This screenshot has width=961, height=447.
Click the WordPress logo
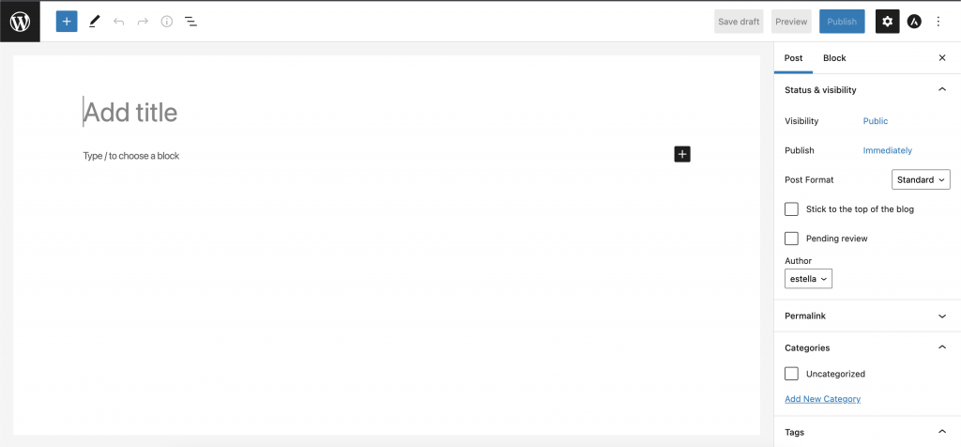click(21, 22)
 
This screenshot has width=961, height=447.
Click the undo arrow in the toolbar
click(119, 22)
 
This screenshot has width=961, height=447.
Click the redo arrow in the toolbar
click(143, 22)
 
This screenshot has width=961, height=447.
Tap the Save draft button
click(739, 22)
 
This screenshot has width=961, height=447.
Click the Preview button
click(791, 22)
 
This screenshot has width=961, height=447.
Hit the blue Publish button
click(842, 22)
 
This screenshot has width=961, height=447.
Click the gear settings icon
click(888, 22)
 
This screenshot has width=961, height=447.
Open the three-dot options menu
click(938, 22)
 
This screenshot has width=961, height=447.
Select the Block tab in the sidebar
click(834, 58)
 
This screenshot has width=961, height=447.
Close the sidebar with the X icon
click(942, 58)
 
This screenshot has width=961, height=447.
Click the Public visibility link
click(876, 121)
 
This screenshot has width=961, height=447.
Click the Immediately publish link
click(888, 151)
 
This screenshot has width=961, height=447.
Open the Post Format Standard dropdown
click(921, 180)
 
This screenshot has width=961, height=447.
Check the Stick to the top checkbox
click(791, 209)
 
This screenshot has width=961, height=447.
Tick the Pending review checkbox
click(791, 239)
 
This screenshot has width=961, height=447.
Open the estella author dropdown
click(808, 278)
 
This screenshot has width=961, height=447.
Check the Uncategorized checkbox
click(791, 374)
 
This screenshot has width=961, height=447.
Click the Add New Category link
click(822, 399)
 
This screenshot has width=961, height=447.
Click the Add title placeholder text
click(130, 113)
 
